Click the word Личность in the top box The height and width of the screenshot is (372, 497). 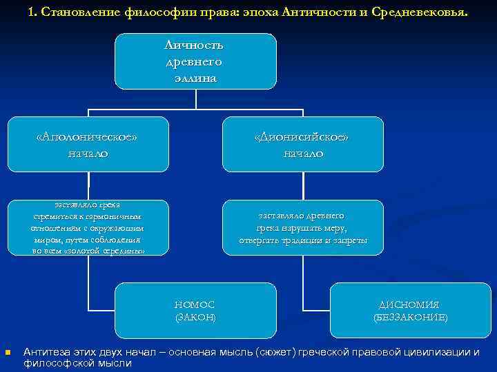(195, 45)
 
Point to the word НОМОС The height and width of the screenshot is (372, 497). (195, 304)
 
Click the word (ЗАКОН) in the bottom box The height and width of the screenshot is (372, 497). (195, 317)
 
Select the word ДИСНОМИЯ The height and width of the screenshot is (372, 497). (410, 304)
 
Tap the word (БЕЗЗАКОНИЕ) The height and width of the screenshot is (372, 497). (410, 317)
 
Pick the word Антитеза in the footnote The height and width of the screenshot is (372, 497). (46, 352)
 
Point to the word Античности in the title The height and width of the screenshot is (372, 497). (322, 12)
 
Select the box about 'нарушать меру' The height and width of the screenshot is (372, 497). (302, 228)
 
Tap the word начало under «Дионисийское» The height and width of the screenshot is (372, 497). (302, 153)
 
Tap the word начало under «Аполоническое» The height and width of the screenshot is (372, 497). (88, 153)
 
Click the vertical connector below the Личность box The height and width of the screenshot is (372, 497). (196, 99)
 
